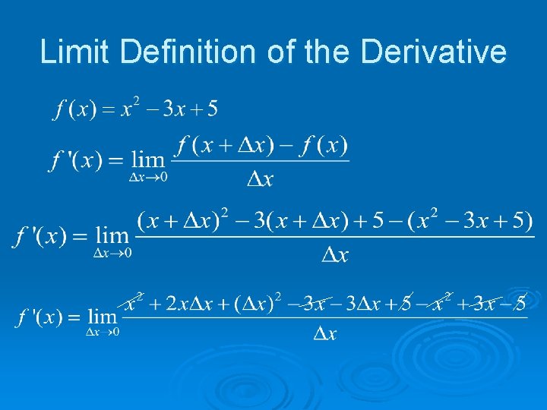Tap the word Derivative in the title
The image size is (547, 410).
coord(434,52)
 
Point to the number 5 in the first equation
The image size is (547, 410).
coord(211,109)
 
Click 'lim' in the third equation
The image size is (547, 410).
coord(112,238)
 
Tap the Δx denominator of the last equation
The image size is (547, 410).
coord(324,333)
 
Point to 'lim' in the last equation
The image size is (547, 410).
coord(102,316)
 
